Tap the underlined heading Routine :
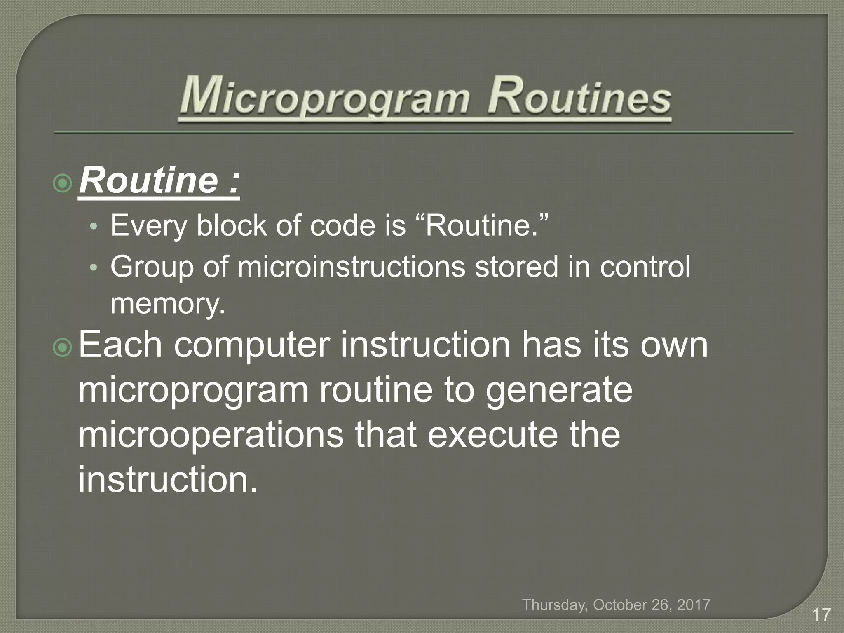pyautogui.click(x=159, y=181)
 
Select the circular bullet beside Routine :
pyautogui.click(x=63, y=184)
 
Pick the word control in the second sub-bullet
pyautogui.click(x=645, y=267)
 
